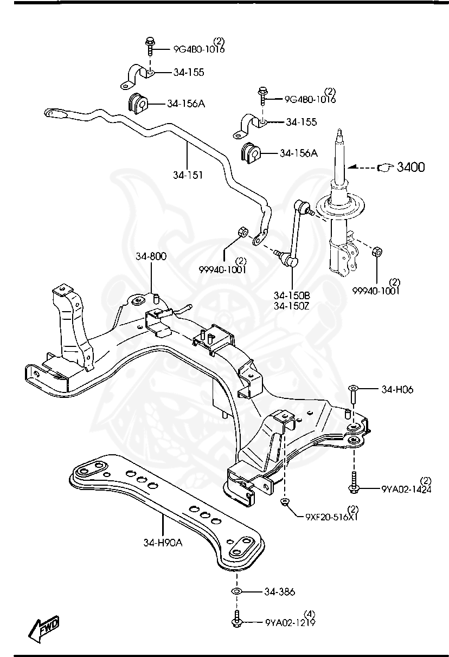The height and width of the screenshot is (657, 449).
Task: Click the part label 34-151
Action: pyautogui.click(x=187, y=175)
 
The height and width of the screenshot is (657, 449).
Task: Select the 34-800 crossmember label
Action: pyautogui.click(x=151, y=256)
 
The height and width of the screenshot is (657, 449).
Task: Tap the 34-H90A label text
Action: pyautogui.click(x=163, y=542)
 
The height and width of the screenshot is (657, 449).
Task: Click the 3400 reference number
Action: pyautogui.click(x=410, y=168)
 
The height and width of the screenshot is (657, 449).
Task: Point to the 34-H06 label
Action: pyautogui.click(x=397, y=389)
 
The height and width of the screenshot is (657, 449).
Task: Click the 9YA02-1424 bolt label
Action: pyautogui.click(x=406, y=488)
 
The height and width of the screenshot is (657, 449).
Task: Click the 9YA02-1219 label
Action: pyautogui.click(x=290, y=622)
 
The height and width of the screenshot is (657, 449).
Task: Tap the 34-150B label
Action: pyautogui.click(x=291, y=295)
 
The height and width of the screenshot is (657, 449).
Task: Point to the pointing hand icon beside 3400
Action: pyautogui.click(x=384, y=168)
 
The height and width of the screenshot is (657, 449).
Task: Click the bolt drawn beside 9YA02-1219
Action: pyautogui.click(x=237, y=621)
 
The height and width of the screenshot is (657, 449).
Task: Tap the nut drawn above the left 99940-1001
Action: pyautogui.click(x=243, y=232)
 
